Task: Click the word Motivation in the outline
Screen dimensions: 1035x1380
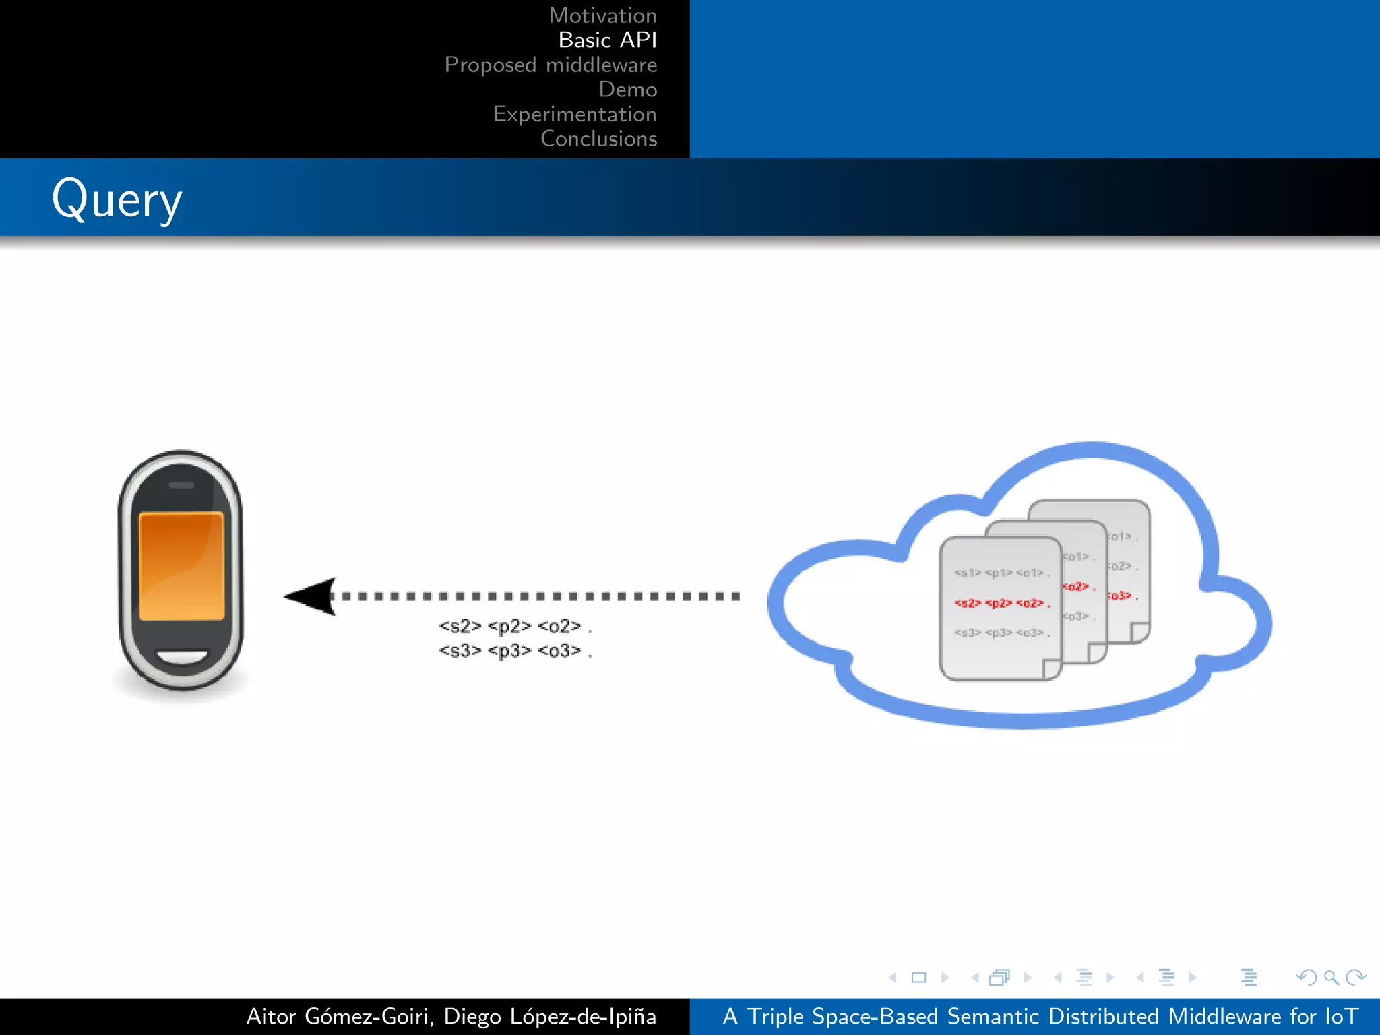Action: click(x=602, y=15)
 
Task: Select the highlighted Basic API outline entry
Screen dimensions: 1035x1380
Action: click(x=607, y=40)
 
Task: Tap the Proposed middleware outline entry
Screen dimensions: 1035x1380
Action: click(x=551, y=65)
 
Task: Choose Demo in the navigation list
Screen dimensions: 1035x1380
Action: click(x=627, y=90)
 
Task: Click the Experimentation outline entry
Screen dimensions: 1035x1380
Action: click(x=574, y=114)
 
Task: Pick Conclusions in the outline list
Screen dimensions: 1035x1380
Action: click(x=598, y=139)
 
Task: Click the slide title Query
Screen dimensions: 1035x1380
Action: click(x=117, y=199)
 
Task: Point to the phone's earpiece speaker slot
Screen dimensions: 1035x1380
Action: click(x=181, y=485)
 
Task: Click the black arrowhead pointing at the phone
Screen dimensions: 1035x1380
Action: click(x=311, y=596)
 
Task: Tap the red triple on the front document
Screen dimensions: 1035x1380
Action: click(x=1001, y=603)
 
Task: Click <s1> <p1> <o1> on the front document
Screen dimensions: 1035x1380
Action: click(x=1001, y=573)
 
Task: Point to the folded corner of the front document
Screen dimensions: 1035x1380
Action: click(x=1052, y=668)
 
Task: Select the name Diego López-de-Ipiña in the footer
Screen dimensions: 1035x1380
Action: click(x=550, y=1016)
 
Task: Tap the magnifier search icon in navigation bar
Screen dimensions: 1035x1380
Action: click(x=1331, y=977)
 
